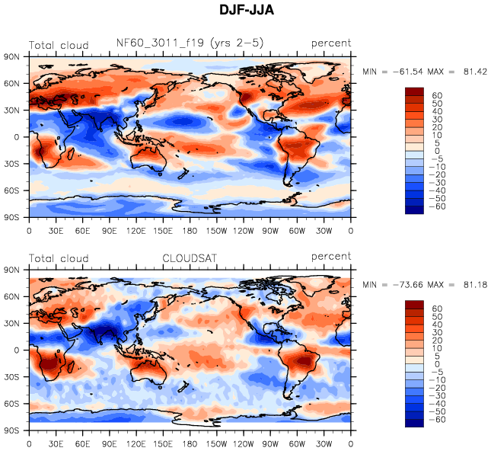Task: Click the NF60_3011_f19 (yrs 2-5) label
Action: [x=190, y=43]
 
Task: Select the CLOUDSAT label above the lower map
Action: [x=190, y=257]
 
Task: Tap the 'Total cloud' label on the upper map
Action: [x=59, y=45]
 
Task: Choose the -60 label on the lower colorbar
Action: [x=437, y=421]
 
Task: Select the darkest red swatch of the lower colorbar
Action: [x=414, y=305]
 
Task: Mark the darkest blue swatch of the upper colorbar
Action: [x=414, y=211]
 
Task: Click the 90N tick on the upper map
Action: [x=11, y=56]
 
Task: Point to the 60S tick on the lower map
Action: [x=11, y=404]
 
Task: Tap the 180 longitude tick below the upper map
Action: [x=190, y=230]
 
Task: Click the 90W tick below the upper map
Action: [x=270, y=230]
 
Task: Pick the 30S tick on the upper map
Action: [x=11, y=163]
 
